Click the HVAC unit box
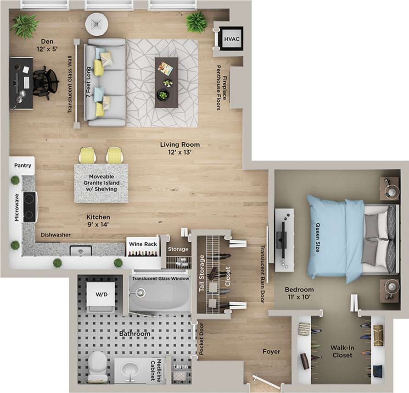pos(229,39)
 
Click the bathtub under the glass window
pos(159,296)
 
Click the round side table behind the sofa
pos(96,24)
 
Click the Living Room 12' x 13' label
pos(179,148)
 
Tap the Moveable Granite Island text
pos(101,183)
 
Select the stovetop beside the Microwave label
pos(30,206)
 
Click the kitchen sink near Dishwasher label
pos(80,250)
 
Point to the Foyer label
pos(271,352)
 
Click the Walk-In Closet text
pos(342,351)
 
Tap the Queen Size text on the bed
pos(317,238)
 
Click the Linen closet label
pos(180,367)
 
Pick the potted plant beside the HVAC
pos(196,22)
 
